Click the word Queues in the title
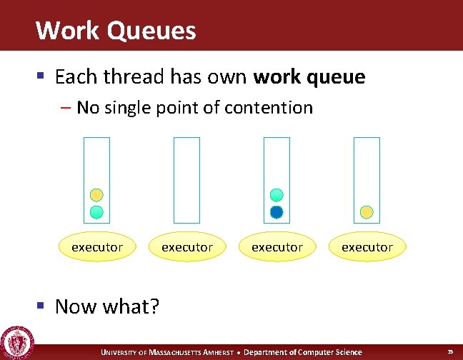149,31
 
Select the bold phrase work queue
309,76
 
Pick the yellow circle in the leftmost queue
96,195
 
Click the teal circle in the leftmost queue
96,211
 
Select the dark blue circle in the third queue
277,211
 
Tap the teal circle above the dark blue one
277,195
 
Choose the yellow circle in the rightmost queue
367,211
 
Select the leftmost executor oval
97,247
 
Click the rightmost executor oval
367,247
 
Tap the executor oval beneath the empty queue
187,247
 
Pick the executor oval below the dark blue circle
277,247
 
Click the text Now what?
107,306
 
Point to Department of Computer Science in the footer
303,352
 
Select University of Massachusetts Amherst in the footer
168,352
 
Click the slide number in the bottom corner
450,352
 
